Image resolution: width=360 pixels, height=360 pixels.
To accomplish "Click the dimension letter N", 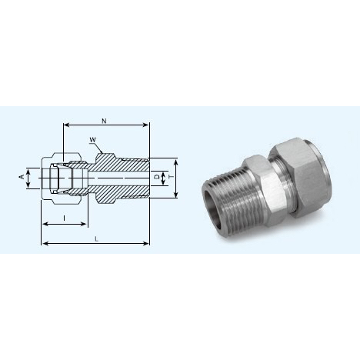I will tap(103, 120).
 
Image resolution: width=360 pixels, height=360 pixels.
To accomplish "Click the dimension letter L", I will tap(95, 239).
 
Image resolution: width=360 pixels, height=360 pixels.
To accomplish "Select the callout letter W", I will tap(93, 139).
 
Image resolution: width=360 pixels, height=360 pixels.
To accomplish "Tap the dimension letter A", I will tap(22, 177).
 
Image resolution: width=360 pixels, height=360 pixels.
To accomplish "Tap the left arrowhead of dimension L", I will tap(42, 244).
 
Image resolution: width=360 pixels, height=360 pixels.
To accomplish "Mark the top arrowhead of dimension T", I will tap(177, 162).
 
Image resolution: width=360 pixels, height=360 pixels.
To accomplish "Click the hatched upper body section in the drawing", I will tap(115, 164).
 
